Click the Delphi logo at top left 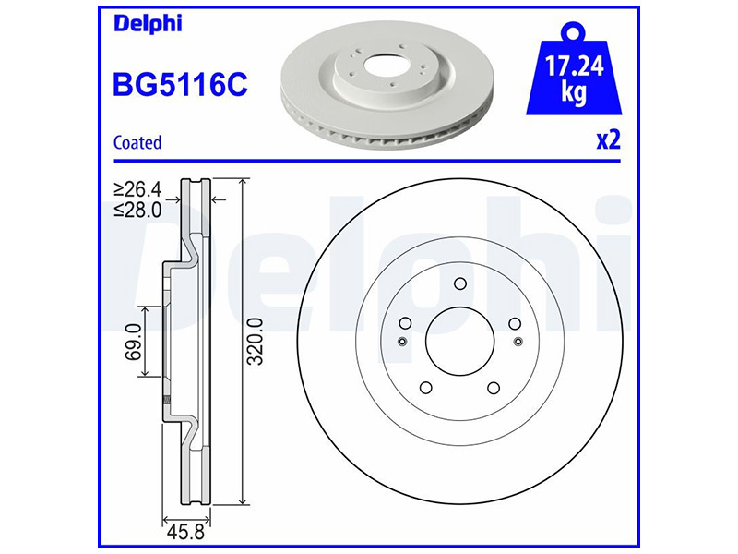point(148,24)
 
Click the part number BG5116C point(180,85)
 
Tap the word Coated point(137,142)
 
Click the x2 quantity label point(609,140)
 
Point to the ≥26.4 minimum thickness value point(137,189)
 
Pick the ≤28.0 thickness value point(137,210)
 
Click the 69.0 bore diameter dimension point(134,342)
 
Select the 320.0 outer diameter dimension point(256,342)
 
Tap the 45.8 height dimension point(186,533)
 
